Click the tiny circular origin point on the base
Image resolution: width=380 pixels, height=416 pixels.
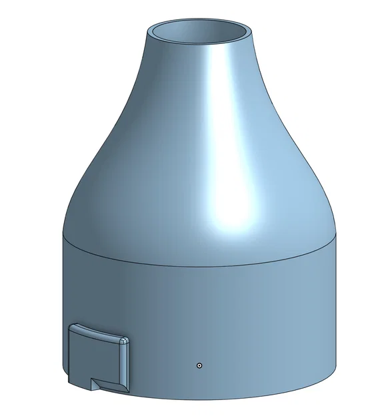click(x=199, y=365)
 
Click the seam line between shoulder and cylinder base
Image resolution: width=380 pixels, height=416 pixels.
click(x=200, y=265)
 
